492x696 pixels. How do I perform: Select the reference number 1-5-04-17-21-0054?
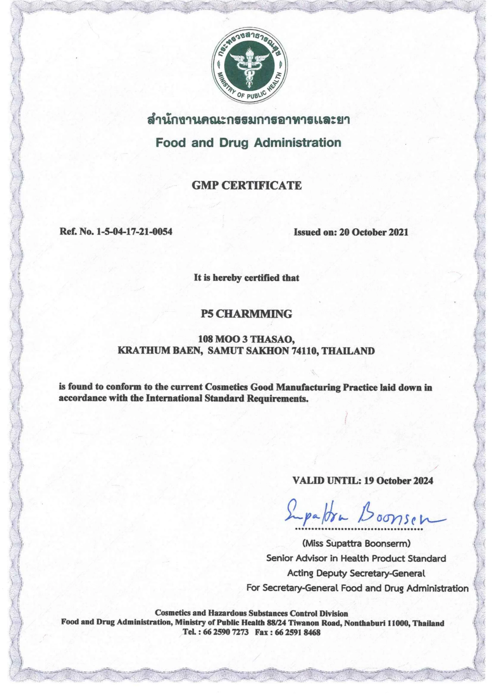coord(134,232)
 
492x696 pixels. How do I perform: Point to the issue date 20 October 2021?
coord(374,232)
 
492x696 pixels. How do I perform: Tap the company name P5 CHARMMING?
coord(246,314)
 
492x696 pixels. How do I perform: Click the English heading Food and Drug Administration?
coord(248,142)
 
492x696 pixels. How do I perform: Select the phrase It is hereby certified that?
coord(246,278)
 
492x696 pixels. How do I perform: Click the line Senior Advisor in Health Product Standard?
coord(356,558)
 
